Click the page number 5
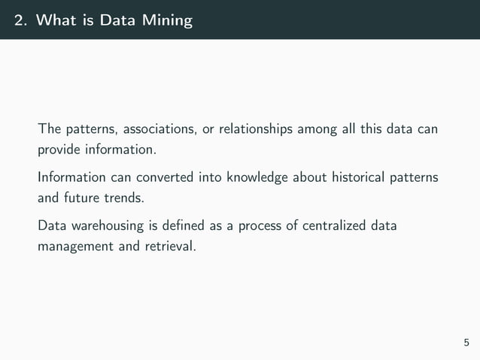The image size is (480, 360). click(x=466, y=343)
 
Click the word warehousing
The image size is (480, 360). click(x=110, y=226)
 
